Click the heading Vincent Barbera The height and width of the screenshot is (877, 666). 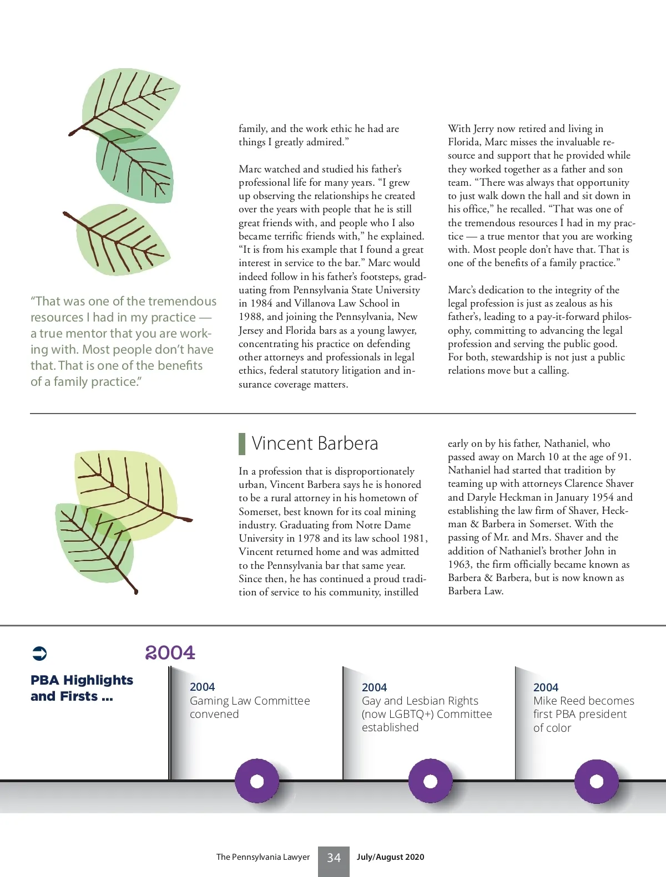point(315,443)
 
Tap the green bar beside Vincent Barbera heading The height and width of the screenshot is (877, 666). point(242,443)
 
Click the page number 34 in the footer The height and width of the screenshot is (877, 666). point(334,858)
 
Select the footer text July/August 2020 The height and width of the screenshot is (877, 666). point(390,857)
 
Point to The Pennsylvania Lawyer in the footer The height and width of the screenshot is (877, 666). point(263,857)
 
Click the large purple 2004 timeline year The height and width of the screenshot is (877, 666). point(170,652)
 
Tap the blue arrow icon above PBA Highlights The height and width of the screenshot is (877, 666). point(40,654)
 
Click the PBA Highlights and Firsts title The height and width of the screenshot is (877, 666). point(82,688)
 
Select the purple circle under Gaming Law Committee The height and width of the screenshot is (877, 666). point(257,781)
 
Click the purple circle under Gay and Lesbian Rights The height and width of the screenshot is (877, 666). point(430,781)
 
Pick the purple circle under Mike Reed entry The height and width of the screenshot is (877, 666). point(596,781)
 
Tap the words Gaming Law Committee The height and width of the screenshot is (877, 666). point(250,701)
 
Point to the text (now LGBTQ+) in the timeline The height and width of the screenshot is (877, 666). point(397,714)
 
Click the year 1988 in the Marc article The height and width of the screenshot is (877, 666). point(251,317)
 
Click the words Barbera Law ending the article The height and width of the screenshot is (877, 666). point(475,591)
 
